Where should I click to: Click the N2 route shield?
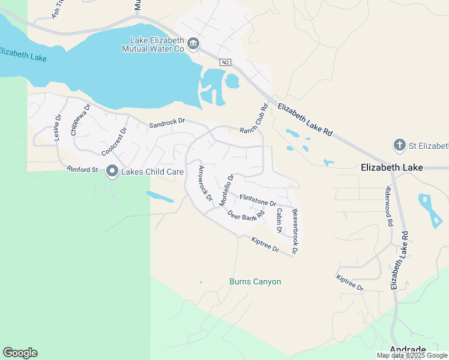click(x=225, y=62)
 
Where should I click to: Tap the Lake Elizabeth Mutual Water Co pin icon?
click(x=193, y=43)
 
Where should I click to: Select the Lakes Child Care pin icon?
click(x=112, y=172)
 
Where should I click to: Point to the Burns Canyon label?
click(x=255, y=281)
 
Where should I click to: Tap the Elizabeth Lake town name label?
click(x=392, y=168)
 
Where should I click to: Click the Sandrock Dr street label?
click(x=167, y=122)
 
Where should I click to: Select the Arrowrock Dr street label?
click(x=206, y=183)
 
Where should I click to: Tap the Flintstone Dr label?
click(x=258, y=200)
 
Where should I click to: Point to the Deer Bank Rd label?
click(x=246, y=215)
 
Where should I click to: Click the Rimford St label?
click(x=82, y=170)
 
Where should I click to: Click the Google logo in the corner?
click(x=20, y=353)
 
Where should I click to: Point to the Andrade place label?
click(x=408, y=350)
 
